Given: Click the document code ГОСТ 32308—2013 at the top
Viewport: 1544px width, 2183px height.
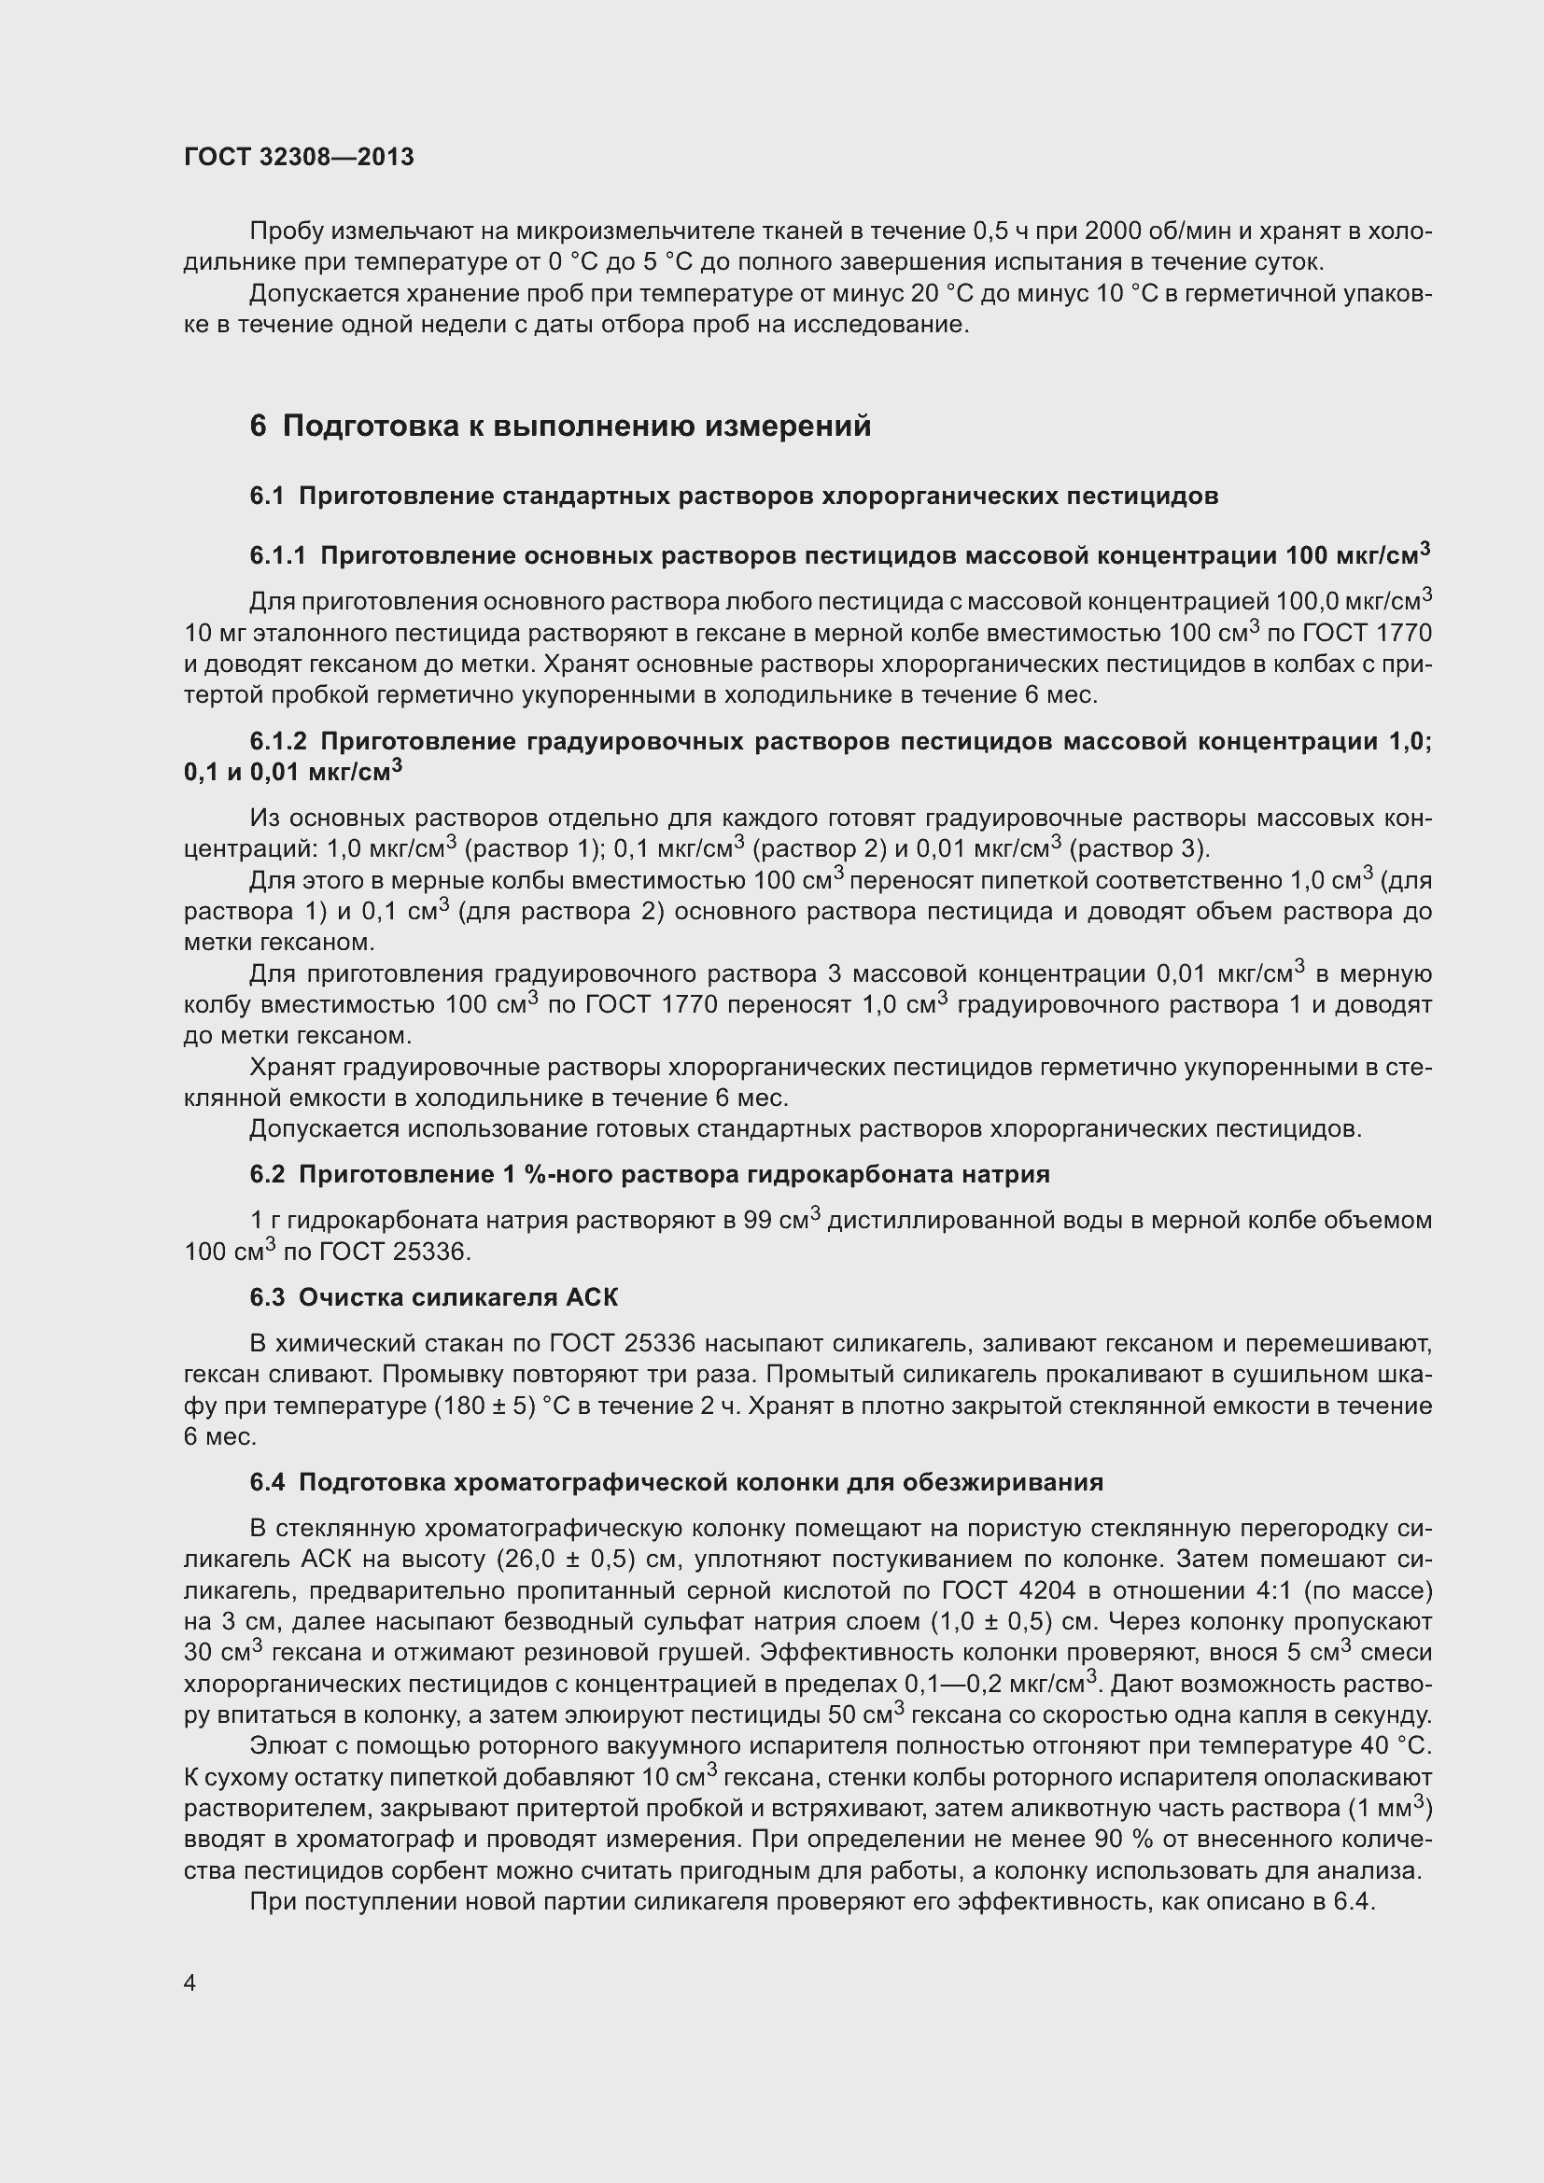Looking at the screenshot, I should [x=299, y=157].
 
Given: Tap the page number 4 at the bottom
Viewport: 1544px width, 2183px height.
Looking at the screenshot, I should [x=190, y=1982].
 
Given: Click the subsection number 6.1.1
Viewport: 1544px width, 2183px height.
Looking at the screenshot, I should [x=277, y=556].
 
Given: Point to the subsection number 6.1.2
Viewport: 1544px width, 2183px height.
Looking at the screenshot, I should [x=277, y=741].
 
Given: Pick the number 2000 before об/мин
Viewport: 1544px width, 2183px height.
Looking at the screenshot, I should [x=1116, y=231].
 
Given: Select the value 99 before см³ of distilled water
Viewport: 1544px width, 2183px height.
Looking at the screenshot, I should [x=758, y=1220].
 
